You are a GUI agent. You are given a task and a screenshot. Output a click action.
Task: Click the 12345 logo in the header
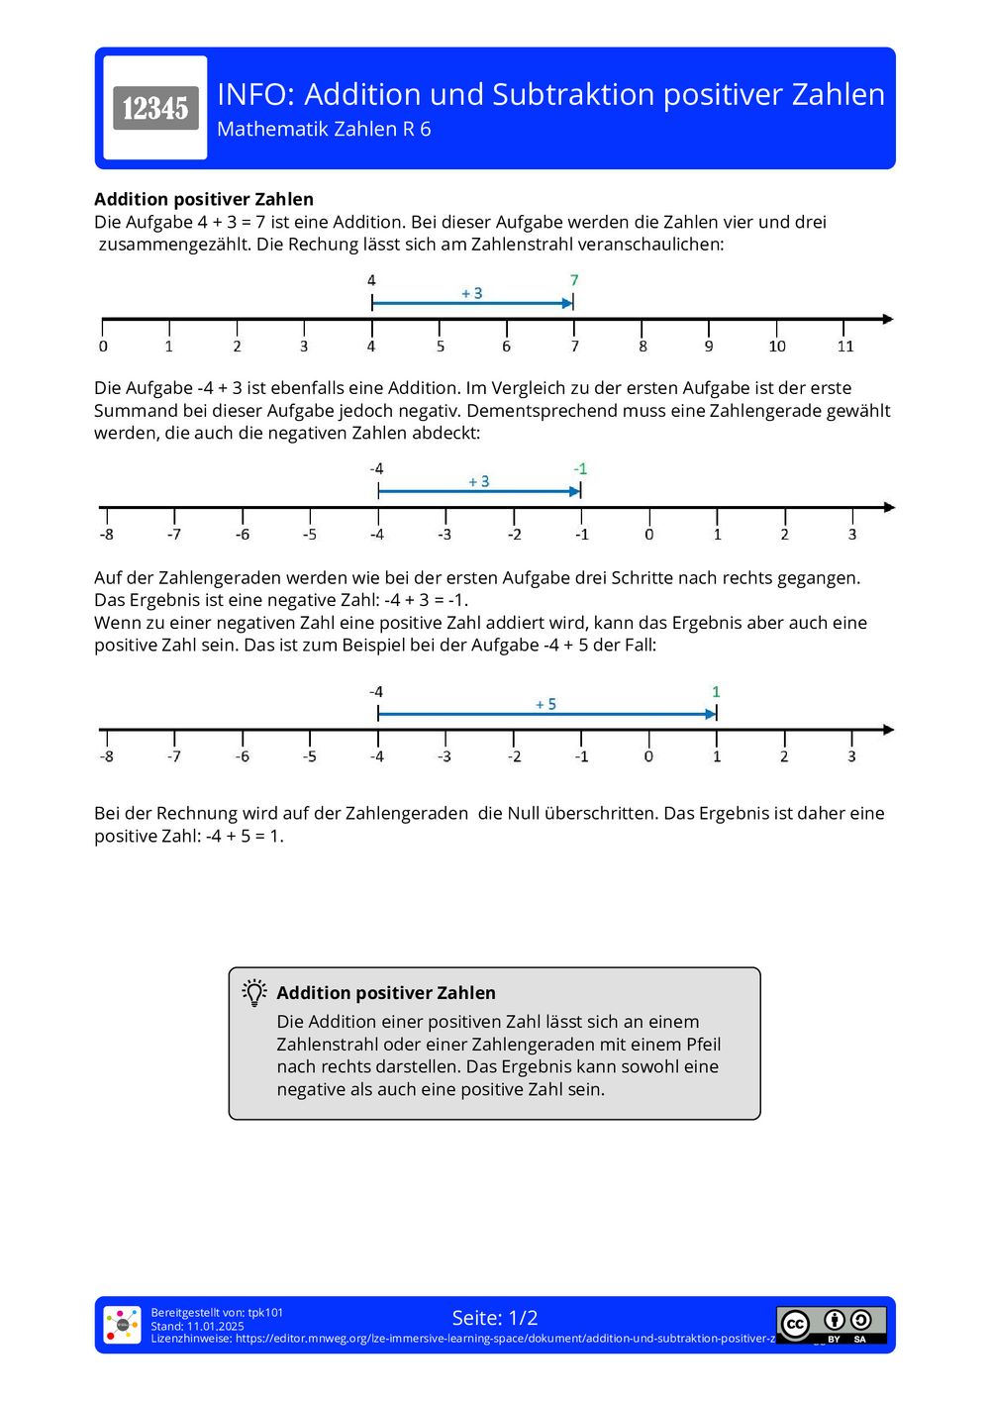(x=155, y=108)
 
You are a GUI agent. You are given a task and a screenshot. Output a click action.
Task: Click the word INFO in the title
(x=254, y=95)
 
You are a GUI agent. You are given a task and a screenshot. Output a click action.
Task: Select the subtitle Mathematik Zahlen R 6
(x=324, y=130)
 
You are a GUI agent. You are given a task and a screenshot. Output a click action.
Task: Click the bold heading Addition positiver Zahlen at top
(x=204, y=199)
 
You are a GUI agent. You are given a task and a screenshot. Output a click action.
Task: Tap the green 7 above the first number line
(x=574, y=280)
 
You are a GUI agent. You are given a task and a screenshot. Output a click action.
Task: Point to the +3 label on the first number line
(x=472, y=293)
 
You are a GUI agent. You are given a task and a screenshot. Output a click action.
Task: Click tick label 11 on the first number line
(x=844, y=346)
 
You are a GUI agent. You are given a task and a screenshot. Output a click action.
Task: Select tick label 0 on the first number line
(x=103, y=346)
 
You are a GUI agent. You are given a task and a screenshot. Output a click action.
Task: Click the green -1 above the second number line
(x=580, y=468)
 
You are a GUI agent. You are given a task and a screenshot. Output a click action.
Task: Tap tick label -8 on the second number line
(x=106, y=535)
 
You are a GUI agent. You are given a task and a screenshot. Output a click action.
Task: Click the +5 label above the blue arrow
(x=545, y=704)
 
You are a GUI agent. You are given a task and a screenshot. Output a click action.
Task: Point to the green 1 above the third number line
(x=716, y=692)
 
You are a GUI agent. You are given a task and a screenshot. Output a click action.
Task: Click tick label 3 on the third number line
(x=851, y=756)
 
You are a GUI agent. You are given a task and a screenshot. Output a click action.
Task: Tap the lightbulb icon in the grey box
(x=254, y=992)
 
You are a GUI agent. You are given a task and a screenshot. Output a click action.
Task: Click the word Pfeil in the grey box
(x=699, y=1045)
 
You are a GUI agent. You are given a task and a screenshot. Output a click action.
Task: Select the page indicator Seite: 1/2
(x=495, y=1318)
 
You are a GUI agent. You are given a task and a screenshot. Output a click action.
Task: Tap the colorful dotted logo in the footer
(x=123, y=1325)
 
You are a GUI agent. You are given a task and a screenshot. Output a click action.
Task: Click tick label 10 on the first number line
(x=777, y=346)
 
